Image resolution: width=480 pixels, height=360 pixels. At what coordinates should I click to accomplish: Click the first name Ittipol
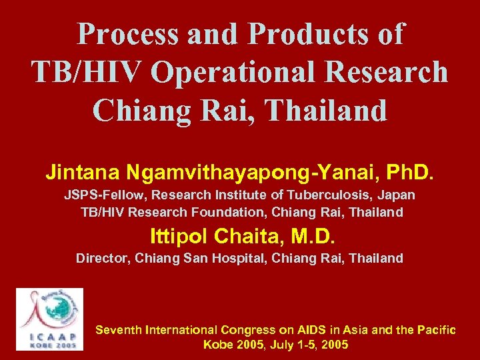click(x=175, y=235)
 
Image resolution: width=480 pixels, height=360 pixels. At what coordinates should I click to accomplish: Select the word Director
click(x=102, y=258)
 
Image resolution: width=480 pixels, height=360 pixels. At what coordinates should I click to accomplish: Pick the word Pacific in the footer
click(x=435, y=330)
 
